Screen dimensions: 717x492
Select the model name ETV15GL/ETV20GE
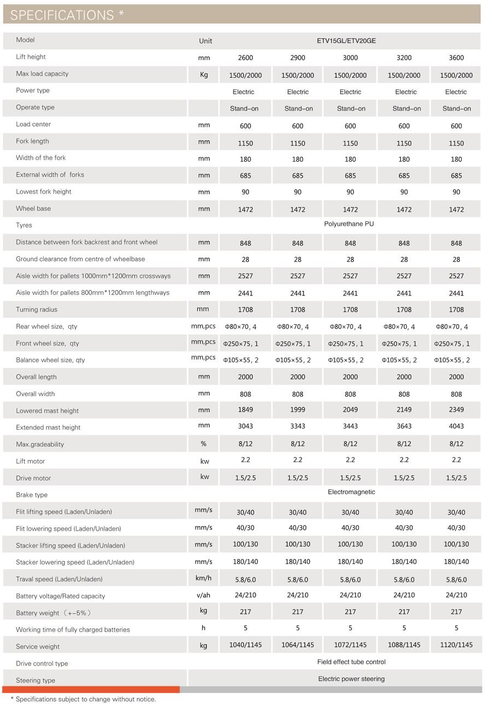point(346,41)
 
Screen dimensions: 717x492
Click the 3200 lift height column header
point(403,58)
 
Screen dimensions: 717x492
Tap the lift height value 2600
point(245,58)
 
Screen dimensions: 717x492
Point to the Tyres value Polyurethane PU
point(349,224)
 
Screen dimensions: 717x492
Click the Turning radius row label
point(37,309)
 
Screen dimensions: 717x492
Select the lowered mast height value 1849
point(245,410)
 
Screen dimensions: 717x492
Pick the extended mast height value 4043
point(456,426)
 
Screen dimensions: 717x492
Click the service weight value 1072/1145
point(350,645)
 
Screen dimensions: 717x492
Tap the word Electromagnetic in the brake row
point(351,492)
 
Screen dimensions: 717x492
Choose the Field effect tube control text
point(351,662)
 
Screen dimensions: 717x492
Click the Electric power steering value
point(351,679)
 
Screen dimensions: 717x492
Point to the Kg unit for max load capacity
point(204,75)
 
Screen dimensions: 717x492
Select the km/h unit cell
point(203,578)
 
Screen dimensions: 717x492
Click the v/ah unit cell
point(203,595)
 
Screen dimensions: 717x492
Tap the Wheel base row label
point(33,208)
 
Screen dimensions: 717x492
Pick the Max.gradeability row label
point(40,444)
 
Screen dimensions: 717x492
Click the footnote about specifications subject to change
point(83,699)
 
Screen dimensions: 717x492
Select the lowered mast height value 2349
point(456,410)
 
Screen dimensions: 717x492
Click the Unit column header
point(206,41)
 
